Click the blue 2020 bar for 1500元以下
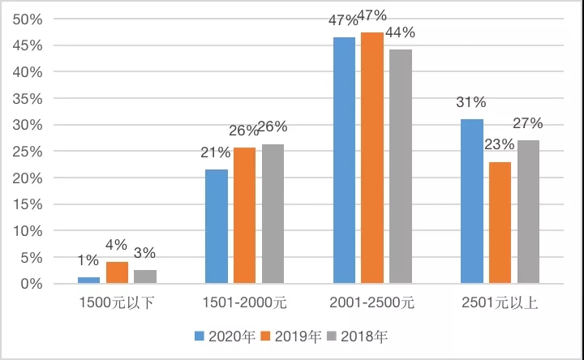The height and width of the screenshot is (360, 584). pos(88,280)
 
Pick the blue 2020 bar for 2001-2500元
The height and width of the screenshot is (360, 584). pos(344,161)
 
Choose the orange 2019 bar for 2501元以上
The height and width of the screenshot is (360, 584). pos(500,223)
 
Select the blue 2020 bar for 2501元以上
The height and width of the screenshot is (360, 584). pos(472,202)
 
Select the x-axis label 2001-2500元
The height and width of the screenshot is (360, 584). pos(372,303)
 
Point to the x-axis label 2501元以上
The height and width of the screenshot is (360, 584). pos(500,303)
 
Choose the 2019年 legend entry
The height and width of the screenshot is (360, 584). pos(292,335)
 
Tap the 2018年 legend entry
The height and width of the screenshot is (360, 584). pos(363,335)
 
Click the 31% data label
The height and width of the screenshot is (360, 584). pos(471,102)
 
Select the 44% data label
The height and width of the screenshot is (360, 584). pos(400,32)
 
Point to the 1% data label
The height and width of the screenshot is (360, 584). pos(88,260)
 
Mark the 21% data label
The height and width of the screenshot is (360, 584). pos(216,152)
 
